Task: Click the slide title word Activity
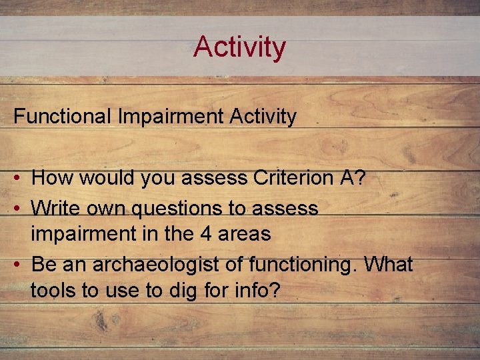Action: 239,47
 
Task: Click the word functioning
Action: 303,265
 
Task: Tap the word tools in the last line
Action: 51,291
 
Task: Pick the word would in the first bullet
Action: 101,178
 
